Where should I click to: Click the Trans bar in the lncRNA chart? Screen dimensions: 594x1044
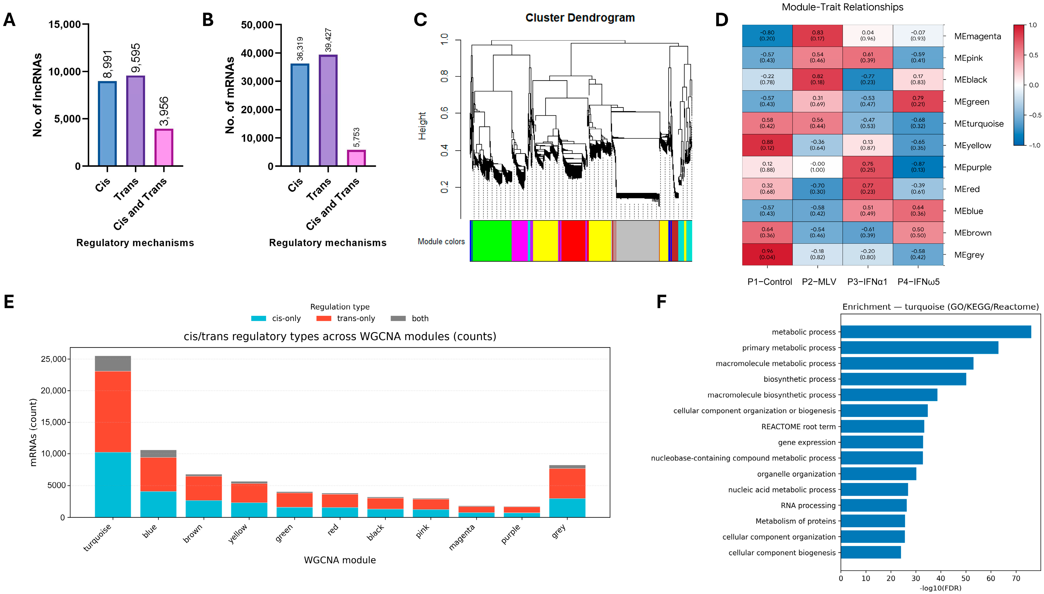coord(135,121)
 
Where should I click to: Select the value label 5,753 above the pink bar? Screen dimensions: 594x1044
coord(356,137)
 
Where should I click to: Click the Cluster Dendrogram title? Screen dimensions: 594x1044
coord(580,18)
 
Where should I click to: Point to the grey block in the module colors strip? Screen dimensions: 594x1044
coord(637,241)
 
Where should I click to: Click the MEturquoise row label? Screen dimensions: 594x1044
coord(978,124)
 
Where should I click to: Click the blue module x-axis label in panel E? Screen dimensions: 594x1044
coord(150,531)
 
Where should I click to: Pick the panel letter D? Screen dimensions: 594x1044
coord(721,20)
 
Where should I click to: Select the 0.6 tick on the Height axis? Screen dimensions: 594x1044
coord(444,113)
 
